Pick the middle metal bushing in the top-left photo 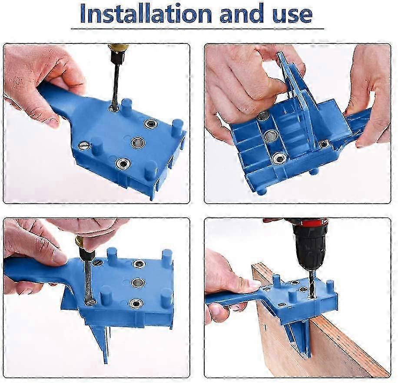click(x=138, y=142)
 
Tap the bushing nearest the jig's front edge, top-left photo click(x=122, y=163)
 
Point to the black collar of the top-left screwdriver click(x=116, y=57)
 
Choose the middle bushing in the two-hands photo click(x=271, y=136)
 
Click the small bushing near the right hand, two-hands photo click(x=324, y=144)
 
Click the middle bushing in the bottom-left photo click(x=138, y=283)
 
